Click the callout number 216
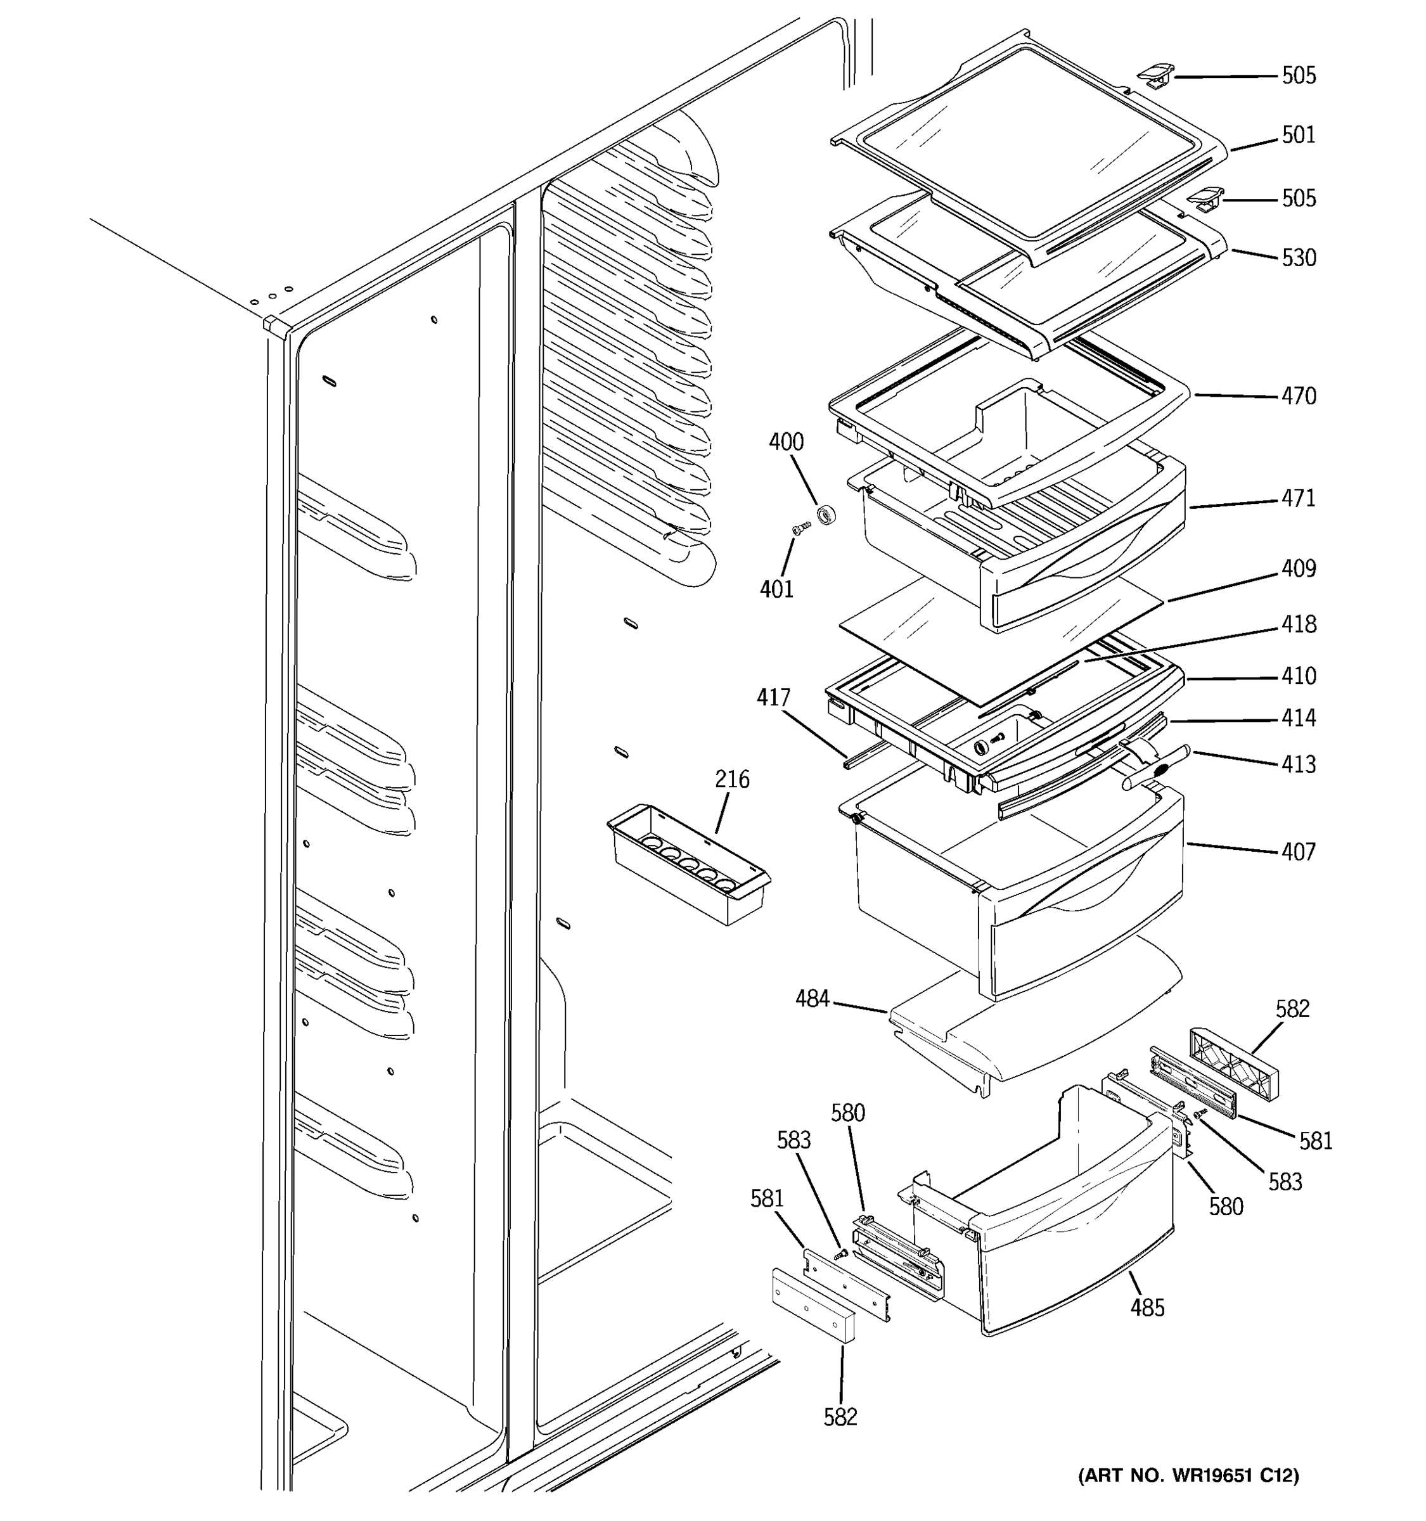[731, 780]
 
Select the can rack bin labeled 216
[688, 864]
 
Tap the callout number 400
[786, 442]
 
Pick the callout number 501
[1298, 136]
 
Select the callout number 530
[1298, 258]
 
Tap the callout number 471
[1298, 498]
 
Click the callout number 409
[1298, 568]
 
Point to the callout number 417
[773, 698]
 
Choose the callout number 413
[1298, 764]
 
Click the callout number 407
[1298, 852]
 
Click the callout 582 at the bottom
[840, 1417]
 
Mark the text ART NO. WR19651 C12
[1188, 1476]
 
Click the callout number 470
[1298, 396]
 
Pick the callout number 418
[1298, 624]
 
